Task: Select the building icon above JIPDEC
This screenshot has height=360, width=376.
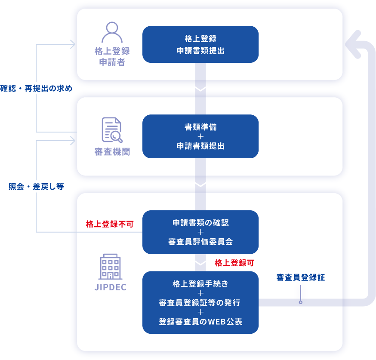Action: click(111, 267)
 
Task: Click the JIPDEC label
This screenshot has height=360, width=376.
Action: click(111, 287)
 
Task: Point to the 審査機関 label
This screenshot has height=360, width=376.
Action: click(112, 152)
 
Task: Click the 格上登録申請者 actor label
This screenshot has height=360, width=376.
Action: click(112, 57)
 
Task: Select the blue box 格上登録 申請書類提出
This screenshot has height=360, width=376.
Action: click(200, 44)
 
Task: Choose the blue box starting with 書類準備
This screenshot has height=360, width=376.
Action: click(200, 136)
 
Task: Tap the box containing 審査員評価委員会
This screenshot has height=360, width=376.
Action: click(200, 232)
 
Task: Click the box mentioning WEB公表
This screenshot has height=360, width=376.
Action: click(200, 302)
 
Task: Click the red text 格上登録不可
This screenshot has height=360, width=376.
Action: click(110, 224)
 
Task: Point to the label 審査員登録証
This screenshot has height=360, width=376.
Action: click(300, 277)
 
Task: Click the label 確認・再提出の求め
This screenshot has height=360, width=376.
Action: click(36, 88)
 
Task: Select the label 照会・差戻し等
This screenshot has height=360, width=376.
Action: click(36, 187)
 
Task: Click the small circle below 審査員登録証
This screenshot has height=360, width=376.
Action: click(301, 302)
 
